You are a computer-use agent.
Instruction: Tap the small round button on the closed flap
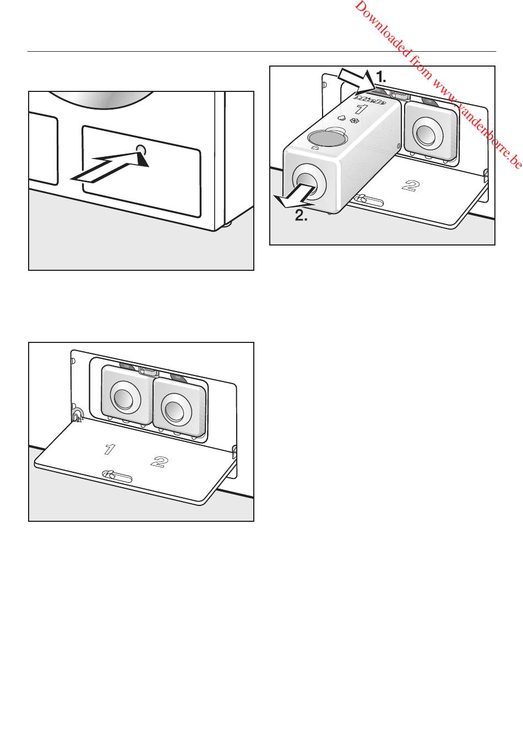click(141, 149)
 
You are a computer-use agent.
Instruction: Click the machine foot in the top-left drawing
click(227, 226)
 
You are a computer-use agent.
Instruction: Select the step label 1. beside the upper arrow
click(381, 77)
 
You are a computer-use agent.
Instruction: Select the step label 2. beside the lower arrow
click(301, 216)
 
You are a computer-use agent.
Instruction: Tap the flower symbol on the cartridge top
click(352, 121)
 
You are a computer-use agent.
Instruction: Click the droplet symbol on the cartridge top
click(341, 118)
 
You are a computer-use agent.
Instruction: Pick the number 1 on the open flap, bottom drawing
click(109, 449)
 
